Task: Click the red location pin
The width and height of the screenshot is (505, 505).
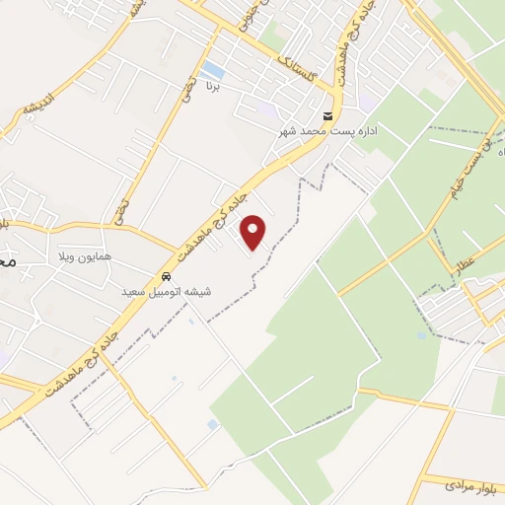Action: [x=254, y=232]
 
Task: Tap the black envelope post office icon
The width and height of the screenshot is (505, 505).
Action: [x=327, y=114]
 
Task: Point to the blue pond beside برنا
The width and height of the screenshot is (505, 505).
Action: [x=212, y=69]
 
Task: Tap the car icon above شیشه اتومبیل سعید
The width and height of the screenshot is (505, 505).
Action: [x=168, y=277]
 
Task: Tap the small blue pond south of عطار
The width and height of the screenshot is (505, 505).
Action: [x=421, y=335]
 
